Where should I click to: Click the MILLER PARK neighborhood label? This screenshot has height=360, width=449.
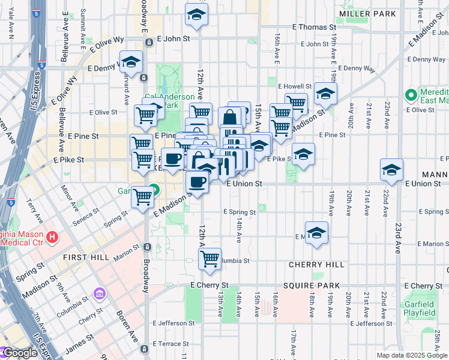pyautogui.click(x=367, y=13)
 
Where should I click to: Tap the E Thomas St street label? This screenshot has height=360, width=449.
pyautogui.click(x=314, y=27)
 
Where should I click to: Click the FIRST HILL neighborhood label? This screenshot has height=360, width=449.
pyautogui.click(x=86, y=257)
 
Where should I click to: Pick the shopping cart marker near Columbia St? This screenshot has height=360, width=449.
pyautogui.click(x=209, y=259)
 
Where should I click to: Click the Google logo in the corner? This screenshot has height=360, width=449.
pyautogui.click(x=20, y=353)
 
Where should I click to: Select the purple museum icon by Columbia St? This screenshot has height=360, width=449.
pyautogui.click(x=99, y=295)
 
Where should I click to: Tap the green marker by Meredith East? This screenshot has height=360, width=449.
pyautogui.click(x=411, y=95)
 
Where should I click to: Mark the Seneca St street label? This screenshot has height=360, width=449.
pyautogui.click(x=87, y=214)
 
